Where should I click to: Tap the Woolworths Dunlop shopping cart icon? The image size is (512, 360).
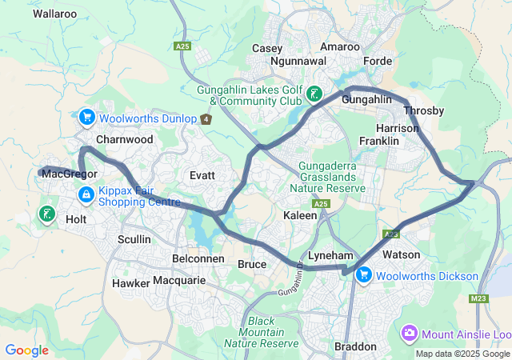[86, 118]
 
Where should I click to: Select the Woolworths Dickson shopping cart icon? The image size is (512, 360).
[364, 275]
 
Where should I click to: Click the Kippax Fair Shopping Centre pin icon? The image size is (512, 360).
[86, 194]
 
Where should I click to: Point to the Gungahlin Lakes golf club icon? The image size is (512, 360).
[314, 94]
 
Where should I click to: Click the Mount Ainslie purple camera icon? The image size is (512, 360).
[410, 332]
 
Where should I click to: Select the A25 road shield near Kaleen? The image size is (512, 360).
[322, 206]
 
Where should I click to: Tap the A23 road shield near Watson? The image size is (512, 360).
[391, 234]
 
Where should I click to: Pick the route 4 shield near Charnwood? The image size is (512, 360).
[206, 120]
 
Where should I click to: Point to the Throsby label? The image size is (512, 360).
[423, 110]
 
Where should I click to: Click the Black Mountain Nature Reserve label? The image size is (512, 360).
[261, 332]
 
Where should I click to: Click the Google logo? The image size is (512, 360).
[26, 350]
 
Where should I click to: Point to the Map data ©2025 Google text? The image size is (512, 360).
[462, 354]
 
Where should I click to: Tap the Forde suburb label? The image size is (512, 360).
[378, 61]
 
